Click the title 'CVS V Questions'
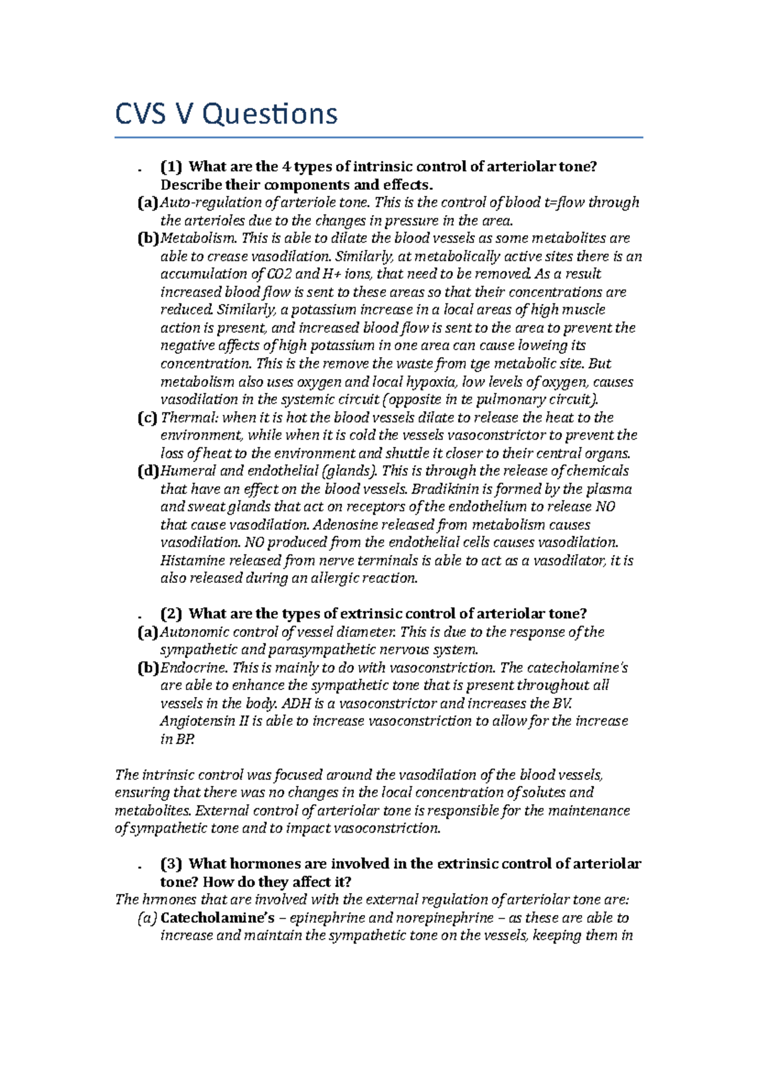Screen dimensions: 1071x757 tap(226, 114)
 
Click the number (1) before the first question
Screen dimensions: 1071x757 tap(171, 167)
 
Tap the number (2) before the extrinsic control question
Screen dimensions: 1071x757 tap(171, 614)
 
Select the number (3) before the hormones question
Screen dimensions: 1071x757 tap(171, 863)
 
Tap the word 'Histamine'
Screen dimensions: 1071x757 tap(192, 561)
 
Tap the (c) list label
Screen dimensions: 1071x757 tap(147, 418)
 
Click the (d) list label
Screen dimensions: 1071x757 tap(148, 471)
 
